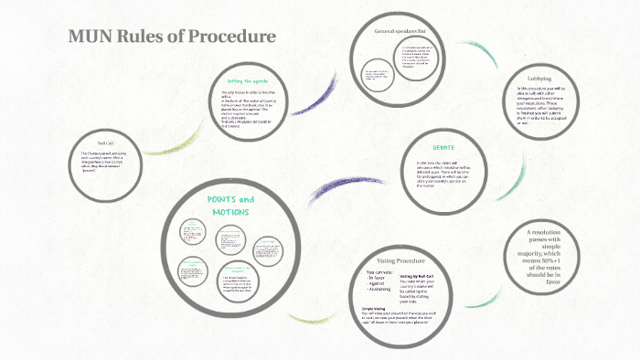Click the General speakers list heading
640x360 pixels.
(x=400, y=32)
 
